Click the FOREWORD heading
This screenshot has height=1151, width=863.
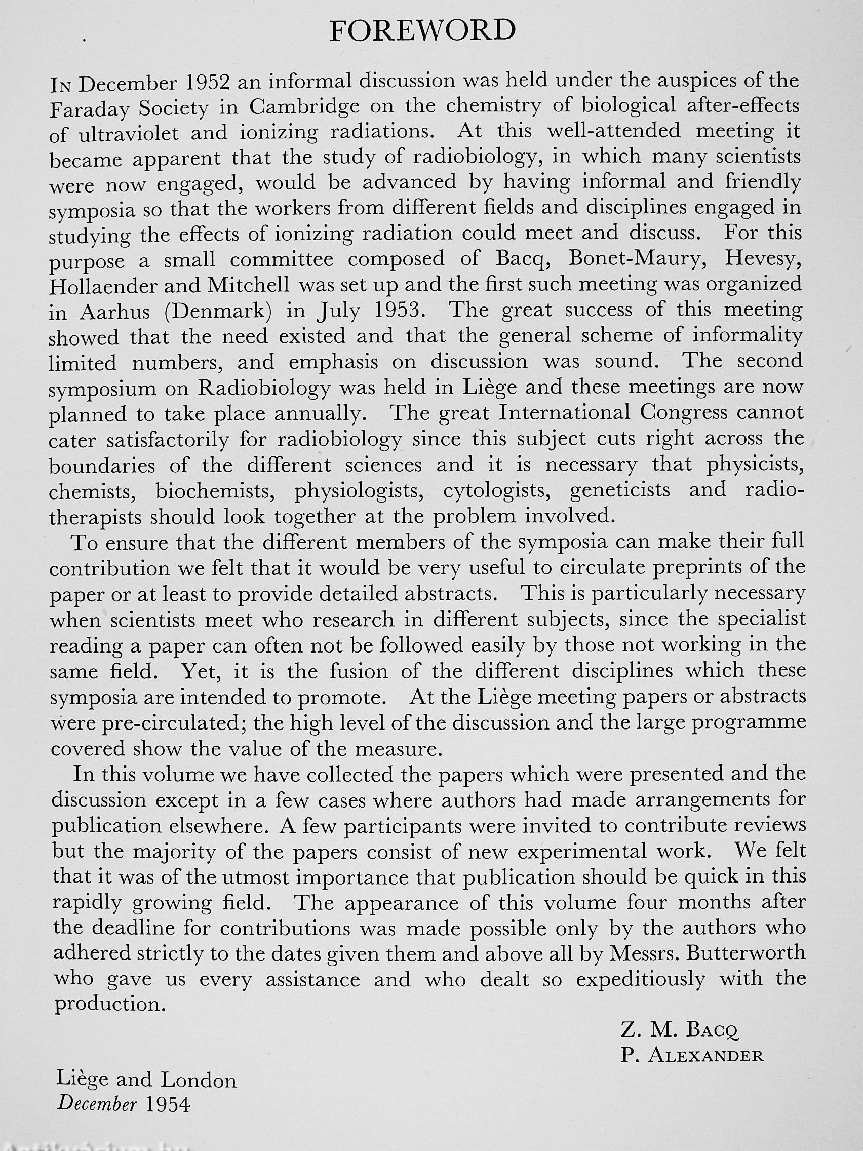(422, 31)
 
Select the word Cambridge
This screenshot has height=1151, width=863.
(304, 107)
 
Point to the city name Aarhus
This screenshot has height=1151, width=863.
(115, 311)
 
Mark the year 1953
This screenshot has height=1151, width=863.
(403, 311)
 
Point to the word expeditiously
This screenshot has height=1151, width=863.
(640, 979)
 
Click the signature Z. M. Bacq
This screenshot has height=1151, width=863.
(679, 1029)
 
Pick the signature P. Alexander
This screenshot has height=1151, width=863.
(691, 1055)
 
